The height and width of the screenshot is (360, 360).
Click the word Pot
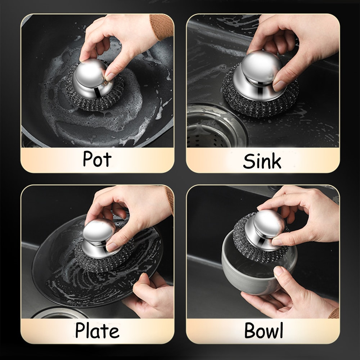click(97, 159)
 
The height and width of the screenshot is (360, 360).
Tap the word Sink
click(262, 161)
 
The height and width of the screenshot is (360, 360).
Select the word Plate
click(97, 330)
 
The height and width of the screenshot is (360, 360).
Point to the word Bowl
click(264, 330)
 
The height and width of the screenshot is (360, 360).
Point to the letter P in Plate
click(80, 330)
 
